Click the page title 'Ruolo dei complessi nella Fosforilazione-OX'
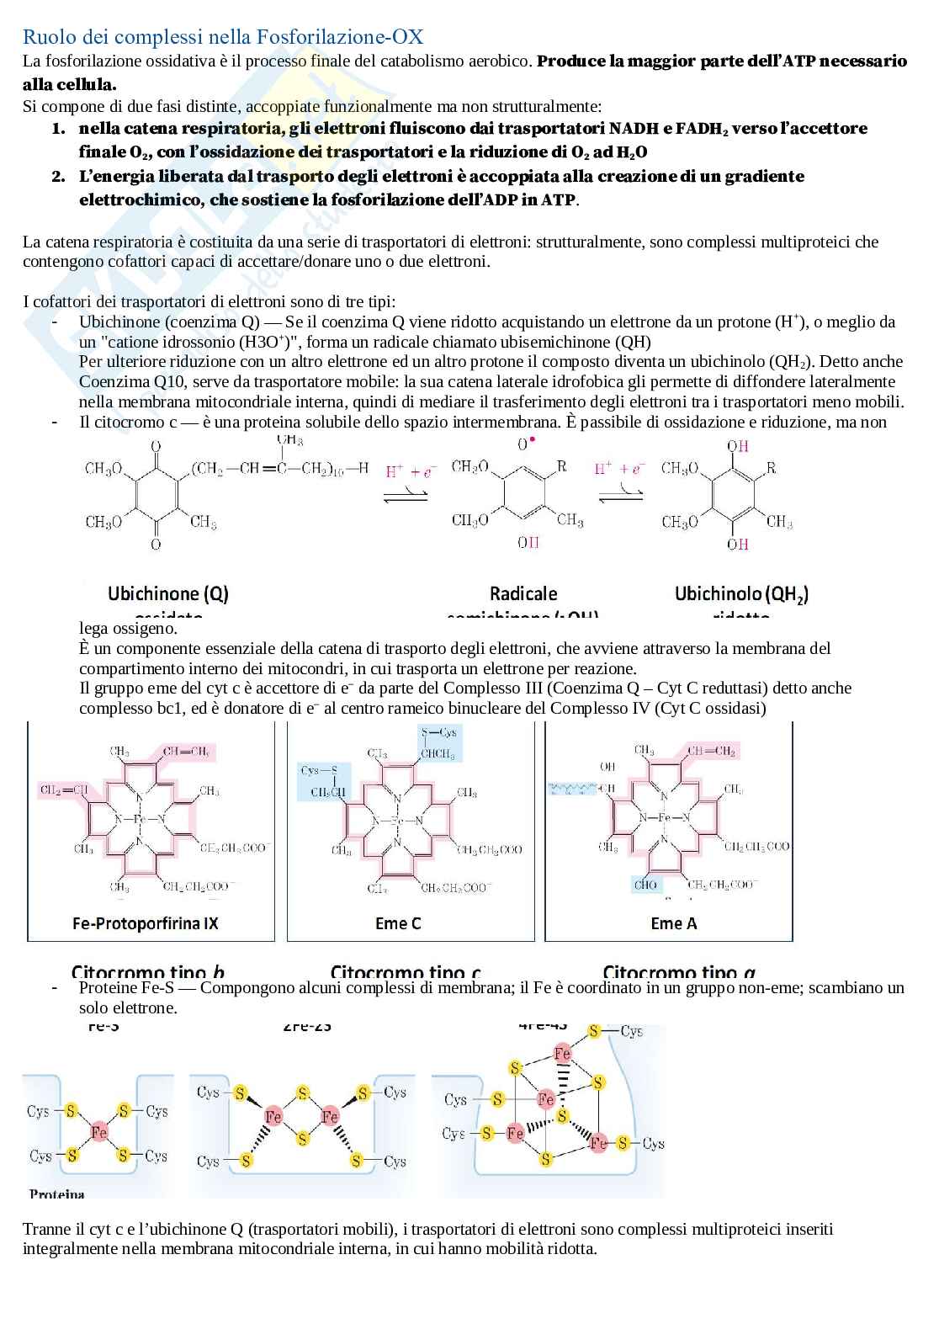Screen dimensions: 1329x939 pyautogui.click(x=223, y=37)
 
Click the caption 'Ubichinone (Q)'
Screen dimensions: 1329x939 pyautogui.click(x=168, y=593)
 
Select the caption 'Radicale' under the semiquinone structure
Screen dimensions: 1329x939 pyautogui.click(x=523, y=593)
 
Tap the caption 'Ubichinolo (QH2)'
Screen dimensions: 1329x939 pyautogui.click(x=741, y=593)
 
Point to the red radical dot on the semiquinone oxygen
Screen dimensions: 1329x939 pyautogui.click(x=533, y=440)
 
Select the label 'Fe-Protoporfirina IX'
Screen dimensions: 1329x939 pyautogui.click(x=146, y=923)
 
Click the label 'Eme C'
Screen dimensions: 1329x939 pyautogui.click(x=398, y=923)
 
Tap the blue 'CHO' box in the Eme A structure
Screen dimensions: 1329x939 pyautogui.click(x=646, y=885)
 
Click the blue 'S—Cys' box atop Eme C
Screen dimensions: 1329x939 pyautogui.click(x=439, y=732)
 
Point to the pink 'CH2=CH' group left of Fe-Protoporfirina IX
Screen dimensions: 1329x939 pyautogui.click(x=64, y=789)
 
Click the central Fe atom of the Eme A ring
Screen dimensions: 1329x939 pyautogui.click(x=664, y=817)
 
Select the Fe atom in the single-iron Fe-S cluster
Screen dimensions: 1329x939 pyautogui.click(x=99, y=1132)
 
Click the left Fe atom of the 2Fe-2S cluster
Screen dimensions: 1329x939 pyautogui.click(x=273, y=1117)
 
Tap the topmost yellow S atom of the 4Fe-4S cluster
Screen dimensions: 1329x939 pyautogui.click(x=595, y=1031)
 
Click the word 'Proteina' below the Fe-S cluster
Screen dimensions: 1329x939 pyautogui.click(x=57, y=1193)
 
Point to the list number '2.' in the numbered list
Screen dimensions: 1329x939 pyautogui.click(x=58, y=177)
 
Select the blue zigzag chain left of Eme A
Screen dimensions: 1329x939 pyautogui.click(x=572, y=789)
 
